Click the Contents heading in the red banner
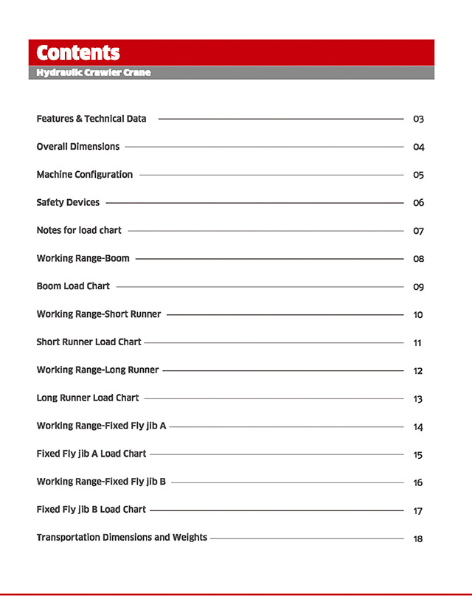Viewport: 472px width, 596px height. point(77,53)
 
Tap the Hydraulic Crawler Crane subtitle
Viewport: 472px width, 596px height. point(94,73)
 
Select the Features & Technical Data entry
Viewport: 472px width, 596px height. point(91,119)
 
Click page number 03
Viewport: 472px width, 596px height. point(418,119)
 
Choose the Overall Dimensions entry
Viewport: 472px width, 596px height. point(77,147)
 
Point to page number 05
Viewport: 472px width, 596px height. point(418,176)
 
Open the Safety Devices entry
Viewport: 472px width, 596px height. point(68,203)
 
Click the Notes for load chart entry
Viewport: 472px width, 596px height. point(79,231)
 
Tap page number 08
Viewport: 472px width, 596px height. point(418,260)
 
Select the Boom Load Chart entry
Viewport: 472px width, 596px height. point(73,286)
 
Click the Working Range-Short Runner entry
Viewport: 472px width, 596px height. point(98,314)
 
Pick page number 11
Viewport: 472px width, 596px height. point(418,344)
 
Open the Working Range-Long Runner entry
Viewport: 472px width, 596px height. point(97,370)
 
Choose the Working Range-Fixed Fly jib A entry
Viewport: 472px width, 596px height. point(101,426)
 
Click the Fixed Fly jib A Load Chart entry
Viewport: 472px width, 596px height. point(91,454)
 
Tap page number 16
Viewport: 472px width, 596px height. point(418,483)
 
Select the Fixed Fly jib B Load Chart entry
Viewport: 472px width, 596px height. point(91,510)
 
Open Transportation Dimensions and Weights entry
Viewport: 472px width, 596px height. point(122,538)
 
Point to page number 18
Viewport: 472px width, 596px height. point(418,539)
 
